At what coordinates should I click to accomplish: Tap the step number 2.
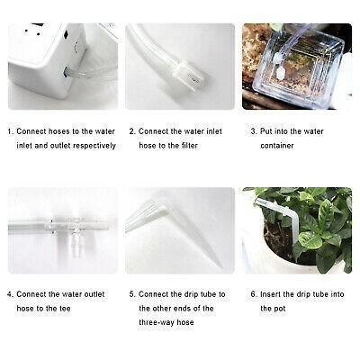pyautogui.click(x=131, y=130)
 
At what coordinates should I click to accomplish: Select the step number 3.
pyautogui.click(x=253, y=130)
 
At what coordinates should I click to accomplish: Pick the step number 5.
pyautogui.click(x=131, y=294)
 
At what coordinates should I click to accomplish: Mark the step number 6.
pyautogui.click(x=253, y=294)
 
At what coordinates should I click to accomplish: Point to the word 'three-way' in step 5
pyautogui.click(x=159, y=323)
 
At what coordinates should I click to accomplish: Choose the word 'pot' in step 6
pyautogui.click(x=266, y=309)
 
